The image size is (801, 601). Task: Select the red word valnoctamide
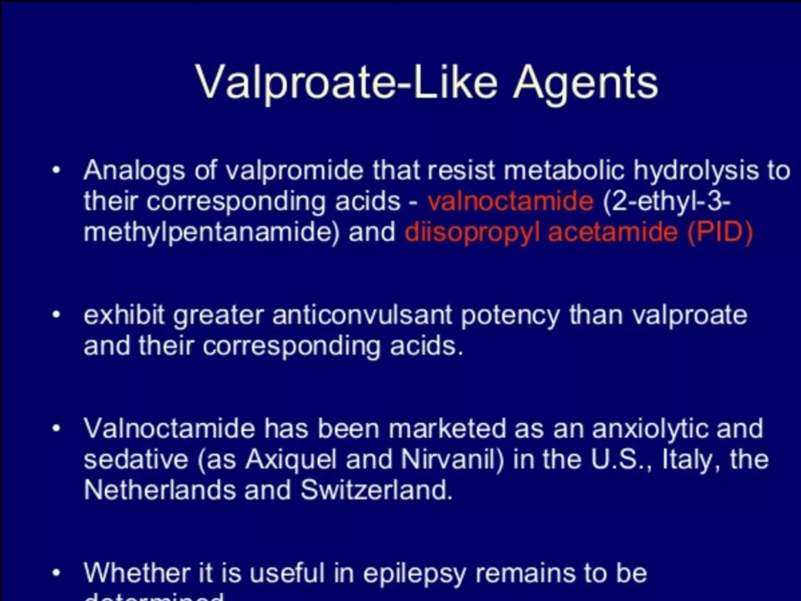click(510, 202)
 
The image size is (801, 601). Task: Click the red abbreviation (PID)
click(720, 232)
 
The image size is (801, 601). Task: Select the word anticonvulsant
click(362, 315)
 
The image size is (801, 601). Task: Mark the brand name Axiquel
click(291, 459)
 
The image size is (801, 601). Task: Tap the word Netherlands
click(160, 490)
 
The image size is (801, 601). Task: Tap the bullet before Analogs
click(57, 171)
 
